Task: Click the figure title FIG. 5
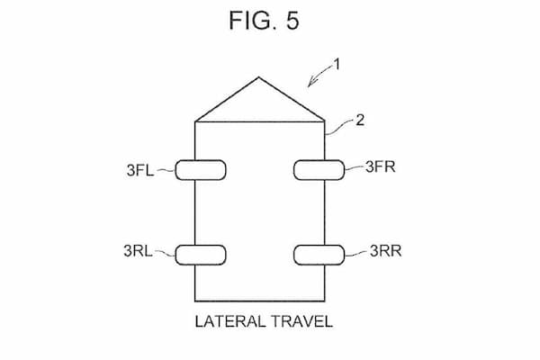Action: click(264, 21)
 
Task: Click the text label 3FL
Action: click(140, 170)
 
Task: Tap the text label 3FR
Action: click(380, 166)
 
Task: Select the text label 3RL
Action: click(138, 251)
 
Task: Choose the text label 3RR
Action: click(386, 251)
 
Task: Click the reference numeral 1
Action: click(337, 65)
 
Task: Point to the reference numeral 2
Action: click(360, 121)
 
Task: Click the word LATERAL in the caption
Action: click(230, 321)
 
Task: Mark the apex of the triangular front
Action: click(259, 77)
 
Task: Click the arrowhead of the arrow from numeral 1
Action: click(311, 83)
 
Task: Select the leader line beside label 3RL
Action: click(166, 253)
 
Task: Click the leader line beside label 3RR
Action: click(355, 254)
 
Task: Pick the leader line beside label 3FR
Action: click(355, 167)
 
